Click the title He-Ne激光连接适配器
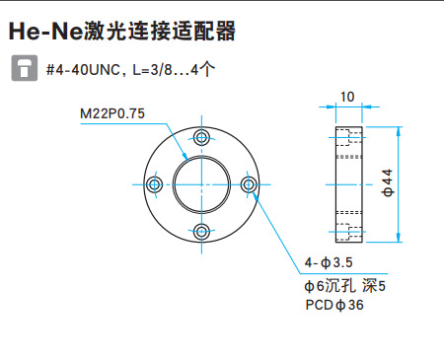(x=122, y=32)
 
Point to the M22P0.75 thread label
(x=111, y=113)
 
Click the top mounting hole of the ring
(x=202, y=136)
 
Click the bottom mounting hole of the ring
(x=202, y=232)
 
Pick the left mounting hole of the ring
(x=154, y=184)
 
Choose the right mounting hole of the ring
(x=250, y=184)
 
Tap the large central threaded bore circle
(x=202, y=184)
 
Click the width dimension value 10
(x=347, y=97)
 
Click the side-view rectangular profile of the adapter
(x=347, y=184)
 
